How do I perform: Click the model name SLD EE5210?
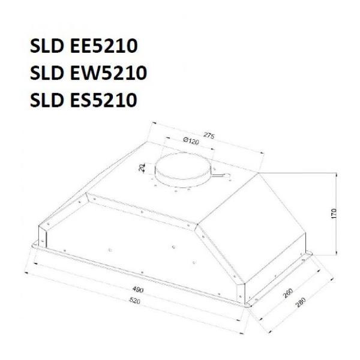coord(84,46)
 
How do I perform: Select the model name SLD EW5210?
coord(88,73)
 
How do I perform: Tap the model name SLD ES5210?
coord(83,100)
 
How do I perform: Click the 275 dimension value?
coord(209,136)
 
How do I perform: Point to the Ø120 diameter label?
coord(191,140)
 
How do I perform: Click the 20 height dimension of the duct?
coord(142,167)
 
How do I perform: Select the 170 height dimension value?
coord(334,214)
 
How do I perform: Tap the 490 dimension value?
coord(138,290)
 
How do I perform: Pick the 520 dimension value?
coord(134,301)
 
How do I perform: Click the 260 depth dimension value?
coord(288,293)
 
